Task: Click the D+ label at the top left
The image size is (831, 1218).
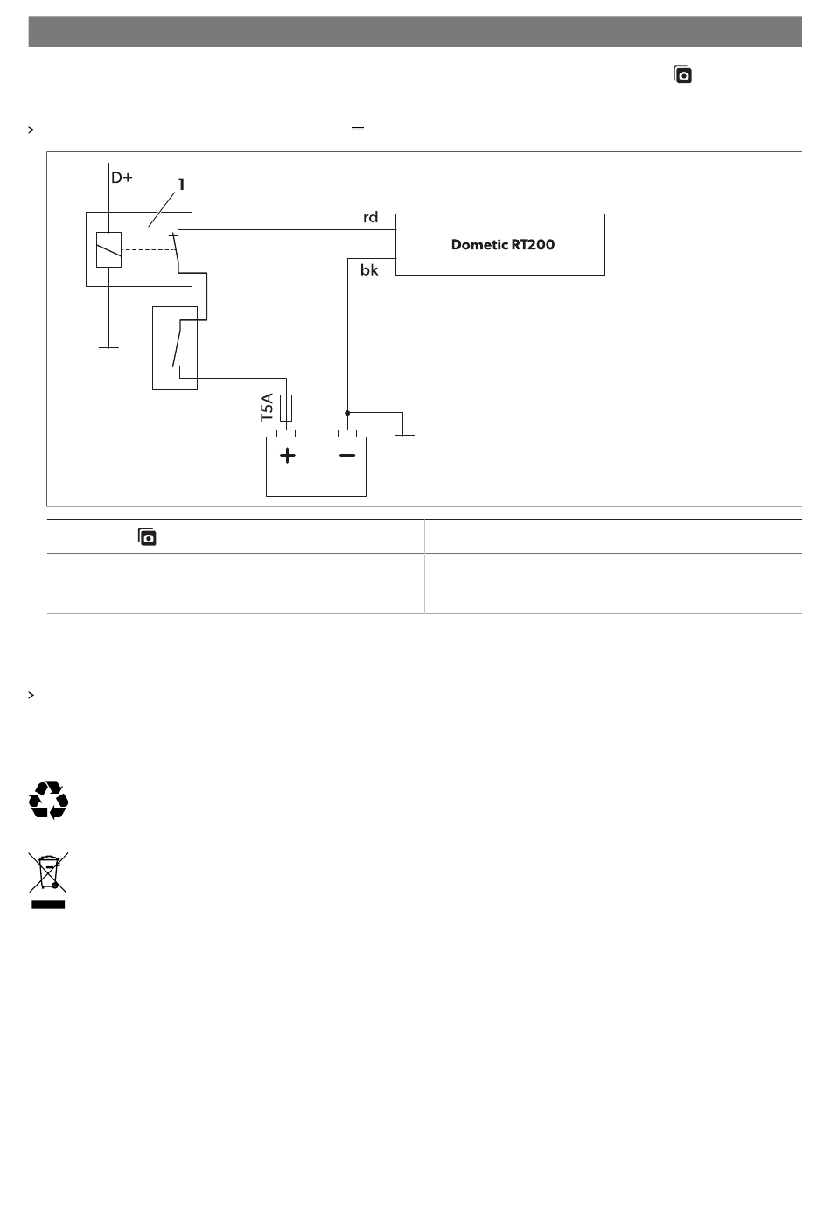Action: pyautogui.click(x=122, y=177)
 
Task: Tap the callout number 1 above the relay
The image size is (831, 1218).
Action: pyautogui.click(x=181, y=184)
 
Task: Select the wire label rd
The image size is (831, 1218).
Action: pyautogui.click(x=370, y=217)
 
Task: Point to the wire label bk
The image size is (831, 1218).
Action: pyautogui.click(x=369, y=270)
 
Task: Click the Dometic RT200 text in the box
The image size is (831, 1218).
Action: pyautogui.click(x=502, y=244)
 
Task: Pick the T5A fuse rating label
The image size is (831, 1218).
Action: pyautogui.click(x=268, y=408)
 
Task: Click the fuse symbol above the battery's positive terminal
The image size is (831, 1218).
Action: pyautogui.click(x=285, y=409)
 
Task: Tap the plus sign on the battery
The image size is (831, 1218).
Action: pyautogui.click(x=288, y=455)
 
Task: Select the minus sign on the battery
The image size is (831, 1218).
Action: pyautogui.click(x=347, y=455)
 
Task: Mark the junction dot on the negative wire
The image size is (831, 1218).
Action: pyautogui.click(x=347, y=412)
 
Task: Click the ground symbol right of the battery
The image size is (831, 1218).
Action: pyautogui.click(x=403, y=432)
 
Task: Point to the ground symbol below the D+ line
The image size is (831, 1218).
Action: pyautogui.click(x=108, y=346)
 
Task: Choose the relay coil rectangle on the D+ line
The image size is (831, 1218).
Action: pyautogui.click(x=108, y=249)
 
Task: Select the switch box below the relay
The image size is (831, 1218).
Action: pyautogui.click(x=175, y=347)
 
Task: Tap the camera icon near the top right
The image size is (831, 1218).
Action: pyautogui.click(x=682, y=74)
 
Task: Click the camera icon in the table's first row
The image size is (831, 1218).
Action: pyautogui.click(x=147, y=537)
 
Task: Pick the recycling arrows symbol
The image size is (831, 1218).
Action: pyautogui.click(x=49, y=800)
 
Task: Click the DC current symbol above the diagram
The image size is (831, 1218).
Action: pyautogui.click(x=357, y=129)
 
